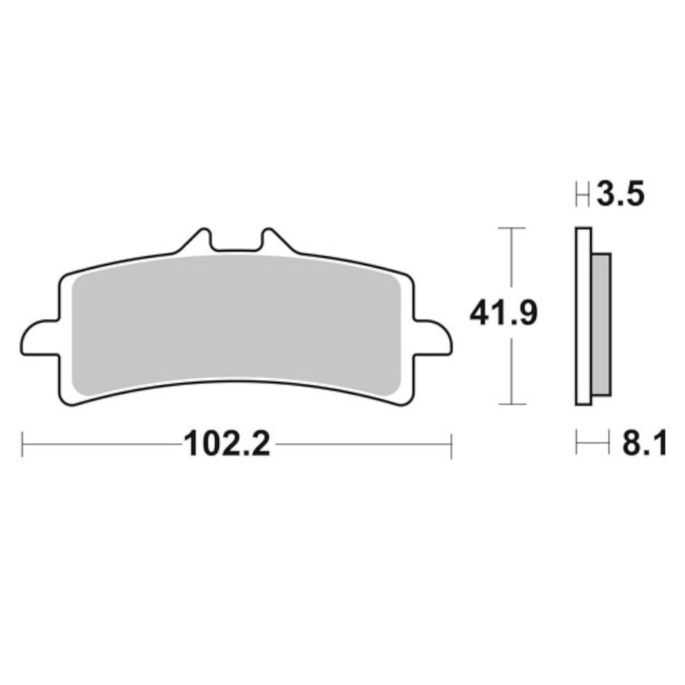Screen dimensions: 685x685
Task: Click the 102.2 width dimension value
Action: point(227,444)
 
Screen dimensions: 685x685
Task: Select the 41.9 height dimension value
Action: point(503,313)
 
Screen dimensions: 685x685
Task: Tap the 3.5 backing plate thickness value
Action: point(620,194)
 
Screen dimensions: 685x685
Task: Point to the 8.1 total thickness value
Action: point(645,444)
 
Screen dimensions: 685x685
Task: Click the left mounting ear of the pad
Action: point(39,338)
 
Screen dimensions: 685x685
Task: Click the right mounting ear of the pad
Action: point(433,338)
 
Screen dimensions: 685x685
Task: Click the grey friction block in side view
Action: point(602,325)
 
